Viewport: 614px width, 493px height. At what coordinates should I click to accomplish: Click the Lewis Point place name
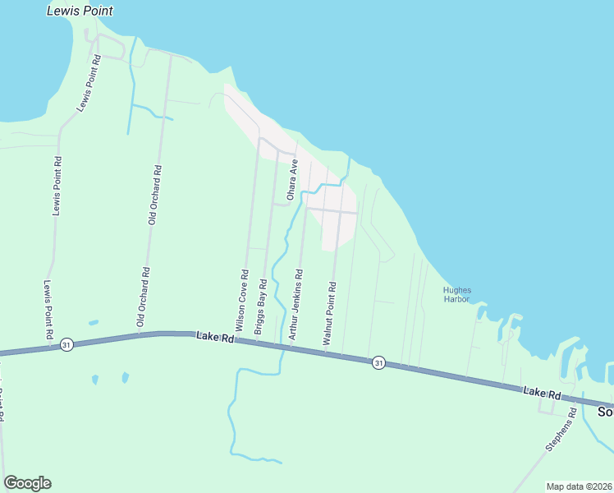click(x=80, y=12)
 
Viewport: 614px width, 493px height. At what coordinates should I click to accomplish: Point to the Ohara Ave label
click(x=290, y=181)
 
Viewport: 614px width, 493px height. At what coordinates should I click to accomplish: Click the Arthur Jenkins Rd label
click(x=295, y=306)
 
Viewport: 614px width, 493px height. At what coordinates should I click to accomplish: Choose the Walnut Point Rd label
click(x=329, y=313)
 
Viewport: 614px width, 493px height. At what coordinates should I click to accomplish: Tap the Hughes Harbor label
click(x=456, y=294)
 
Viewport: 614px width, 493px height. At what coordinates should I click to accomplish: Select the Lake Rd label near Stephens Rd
click(x=542, y=394)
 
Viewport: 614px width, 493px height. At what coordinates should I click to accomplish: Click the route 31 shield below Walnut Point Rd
click(x=378, y=362)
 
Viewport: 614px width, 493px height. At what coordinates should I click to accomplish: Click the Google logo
click(x=27, y=483)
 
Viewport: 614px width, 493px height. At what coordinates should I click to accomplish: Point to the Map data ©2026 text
click(x=579, y=486)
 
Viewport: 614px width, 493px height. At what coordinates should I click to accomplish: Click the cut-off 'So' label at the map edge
click(x=605, y=411)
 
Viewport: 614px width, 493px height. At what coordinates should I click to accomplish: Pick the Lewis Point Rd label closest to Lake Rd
click(x=48, y=310)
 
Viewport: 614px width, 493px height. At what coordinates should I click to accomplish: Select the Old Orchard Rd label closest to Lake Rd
click(x=143, y=297)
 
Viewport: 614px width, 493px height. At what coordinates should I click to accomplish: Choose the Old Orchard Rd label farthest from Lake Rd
click(x=154, y=195)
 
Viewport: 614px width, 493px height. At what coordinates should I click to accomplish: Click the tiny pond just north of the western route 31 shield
click(x=93, y=322)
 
